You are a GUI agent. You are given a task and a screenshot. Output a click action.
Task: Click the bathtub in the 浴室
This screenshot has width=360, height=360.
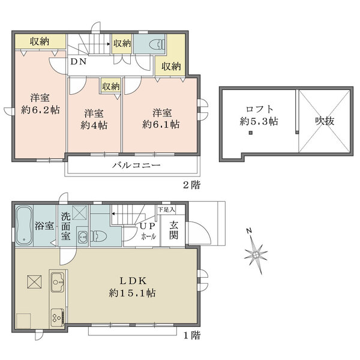click(x=24, y=225)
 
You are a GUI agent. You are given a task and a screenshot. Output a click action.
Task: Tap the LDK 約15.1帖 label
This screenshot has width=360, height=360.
click(x=132, y=287)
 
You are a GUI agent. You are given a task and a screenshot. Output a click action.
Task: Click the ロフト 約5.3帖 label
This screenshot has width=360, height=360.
click(x=259, y=115)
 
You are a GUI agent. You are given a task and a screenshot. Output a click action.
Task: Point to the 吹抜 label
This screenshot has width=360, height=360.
click(x=325, y=121)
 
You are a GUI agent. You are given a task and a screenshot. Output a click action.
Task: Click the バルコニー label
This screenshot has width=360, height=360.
click(x=136, y=165)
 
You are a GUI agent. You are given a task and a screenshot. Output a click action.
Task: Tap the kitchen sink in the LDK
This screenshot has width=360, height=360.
click(x=58, y=282)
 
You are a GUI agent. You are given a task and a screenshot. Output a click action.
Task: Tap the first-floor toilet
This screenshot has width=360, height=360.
click(x=98, y=236)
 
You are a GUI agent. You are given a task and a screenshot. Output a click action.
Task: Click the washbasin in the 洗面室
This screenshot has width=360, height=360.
click(x=83, y=236)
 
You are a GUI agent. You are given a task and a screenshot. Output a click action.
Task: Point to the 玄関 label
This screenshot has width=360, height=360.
click(x=173, y=230)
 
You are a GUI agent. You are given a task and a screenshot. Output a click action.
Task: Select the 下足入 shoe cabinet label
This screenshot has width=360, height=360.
click(x=167, y=209)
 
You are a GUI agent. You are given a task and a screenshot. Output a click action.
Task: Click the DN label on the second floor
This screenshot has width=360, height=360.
click(x=78, y=62)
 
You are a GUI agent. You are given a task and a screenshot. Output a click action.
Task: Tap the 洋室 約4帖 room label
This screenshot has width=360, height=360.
click(x=94, y=119)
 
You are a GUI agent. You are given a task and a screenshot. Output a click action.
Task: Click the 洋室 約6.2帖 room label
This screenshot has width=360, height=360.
click(x=40, y=104)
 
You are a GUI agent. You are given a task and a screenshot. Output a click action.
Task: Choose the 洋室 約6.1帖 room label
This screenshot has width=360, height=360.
click(x=161, y=119)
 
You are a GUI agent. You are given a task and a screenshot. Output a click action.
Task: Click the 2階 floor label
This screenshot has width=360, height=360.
click(x=192, y=185)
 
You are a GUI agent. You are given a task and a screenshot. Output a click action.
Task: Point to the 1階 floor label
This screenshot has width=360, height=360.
click(x=192, y=335)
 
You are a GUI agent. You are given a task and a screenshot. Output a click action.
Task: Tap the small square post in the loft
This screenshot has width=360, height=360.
click(x=251, y=133)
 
